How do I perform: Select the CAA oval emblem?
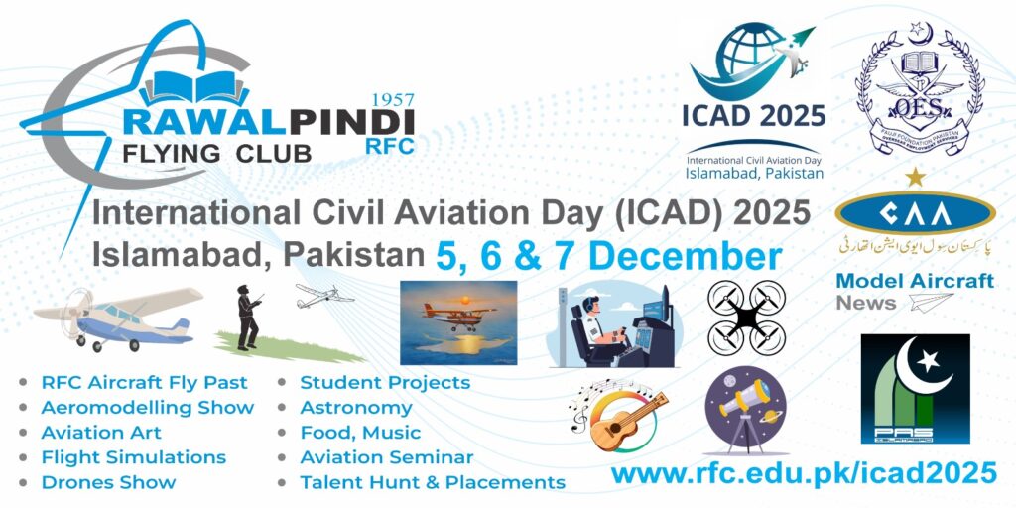914,214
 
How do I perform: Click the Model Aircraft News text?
914,291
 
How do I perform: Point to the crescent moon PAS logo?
914,388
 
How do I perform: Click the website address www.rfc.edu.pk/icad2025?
804,473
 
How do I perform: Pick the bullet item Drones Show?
108,483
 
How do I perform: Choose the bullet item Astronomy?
355,407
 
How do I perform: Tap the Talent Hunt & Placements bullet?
432,483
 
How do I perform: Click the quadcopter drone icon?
746,317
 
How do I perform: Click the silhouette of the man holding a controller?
247,317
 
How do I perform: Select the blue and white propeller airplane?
117,318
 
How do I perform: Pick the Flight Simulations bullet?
133,457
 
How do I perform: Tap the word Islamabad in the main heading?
178,254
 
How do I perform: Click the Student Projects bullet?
385,382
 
